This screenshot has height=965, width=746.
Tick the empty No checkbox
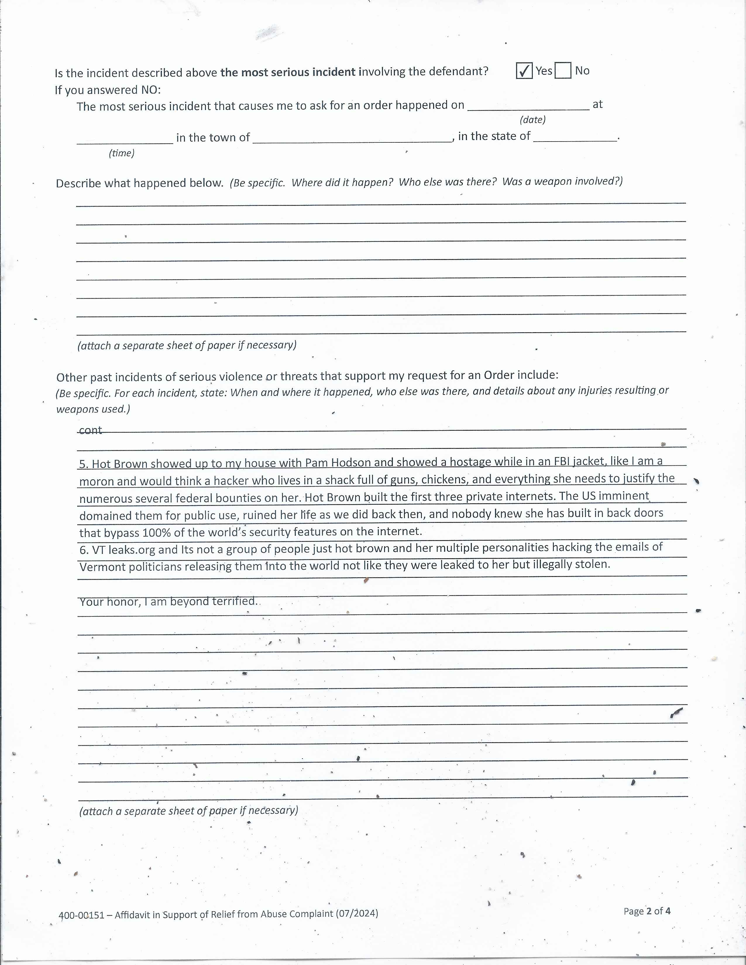[563, 71]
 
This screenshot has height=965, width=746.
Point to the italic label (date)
[532, 120]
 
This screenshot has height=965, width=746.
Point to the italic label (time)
[121, 153]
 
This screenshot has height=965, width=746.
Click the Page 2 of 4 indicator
[647, 911]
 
